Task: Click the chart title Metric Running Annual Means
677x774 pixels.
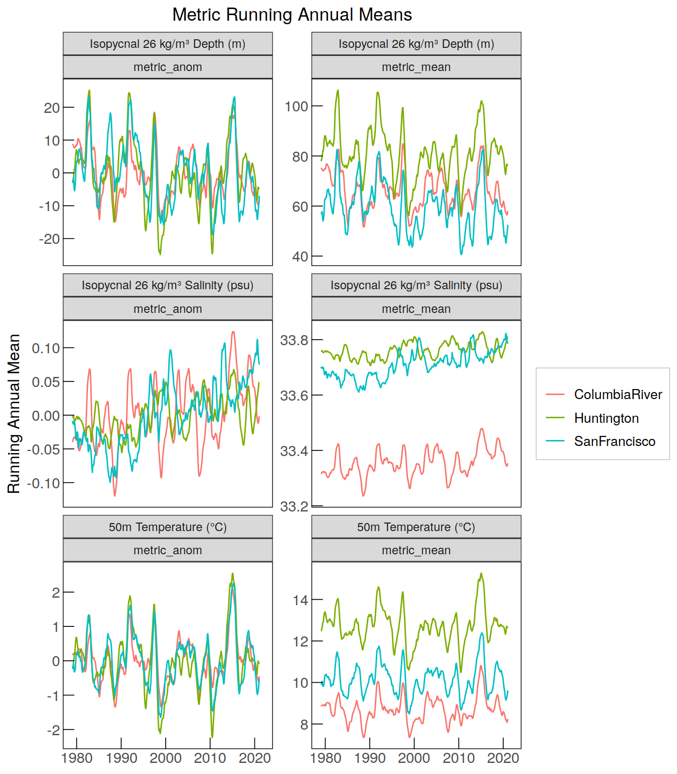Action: [x=292, y=15]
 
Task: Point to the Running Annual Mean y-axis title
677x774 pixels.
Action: [x=14, y=414]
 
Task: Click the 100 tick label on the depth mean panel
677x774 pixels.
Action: [x=296, y=106]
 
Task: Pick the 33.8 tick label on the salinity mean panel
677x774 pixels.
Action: [x=294, y=340]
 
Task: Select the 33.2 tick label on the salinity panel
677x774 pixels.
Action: [x=294, y=506]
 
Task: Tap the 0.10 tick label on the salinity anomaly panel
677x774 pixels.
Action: [x=46, y=348]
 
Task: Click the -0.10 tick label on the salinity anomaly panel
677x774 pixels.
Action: [x=43, y=483]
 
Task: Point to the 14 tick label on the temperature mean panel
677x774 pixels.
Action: [x=300, y=600]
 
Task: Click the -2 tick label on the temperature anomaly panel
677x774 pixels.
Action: [x=53, y=730]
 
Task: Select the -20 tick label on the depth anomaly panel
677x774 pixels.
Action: [x=49, y=239]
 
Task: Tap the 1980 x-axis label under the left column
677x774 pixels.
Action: [x=77, y=758]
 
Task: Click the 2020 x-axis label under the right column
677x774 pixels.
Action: [x=503, y=758]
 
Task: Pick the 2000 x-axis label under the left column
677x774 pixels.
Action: [x=166, y=758]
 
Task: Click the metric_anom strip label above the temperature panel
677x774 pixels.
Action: [x=168, y=550]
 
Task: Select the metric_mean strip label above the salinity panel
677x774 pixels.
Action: [x=416, y=309]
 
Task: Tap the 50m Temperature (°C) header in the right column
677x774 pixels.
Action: [x=416, y=527]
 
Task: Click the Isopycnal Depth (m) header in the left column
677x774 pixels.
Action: [x=168, y=44]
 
